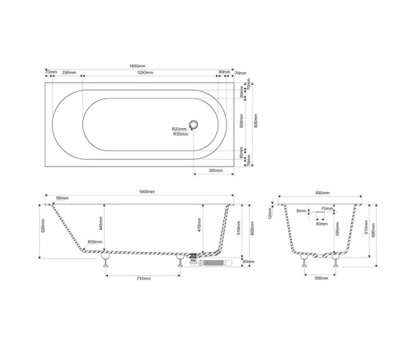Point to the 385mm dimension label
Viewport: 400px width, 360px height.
[214, 171]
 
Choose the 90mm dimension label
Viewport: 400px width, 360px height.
[248, 262]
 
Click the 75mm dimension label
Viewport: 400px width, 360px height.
[326, 208]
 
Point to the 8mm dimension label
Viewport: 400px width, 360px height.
[301, 211]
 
